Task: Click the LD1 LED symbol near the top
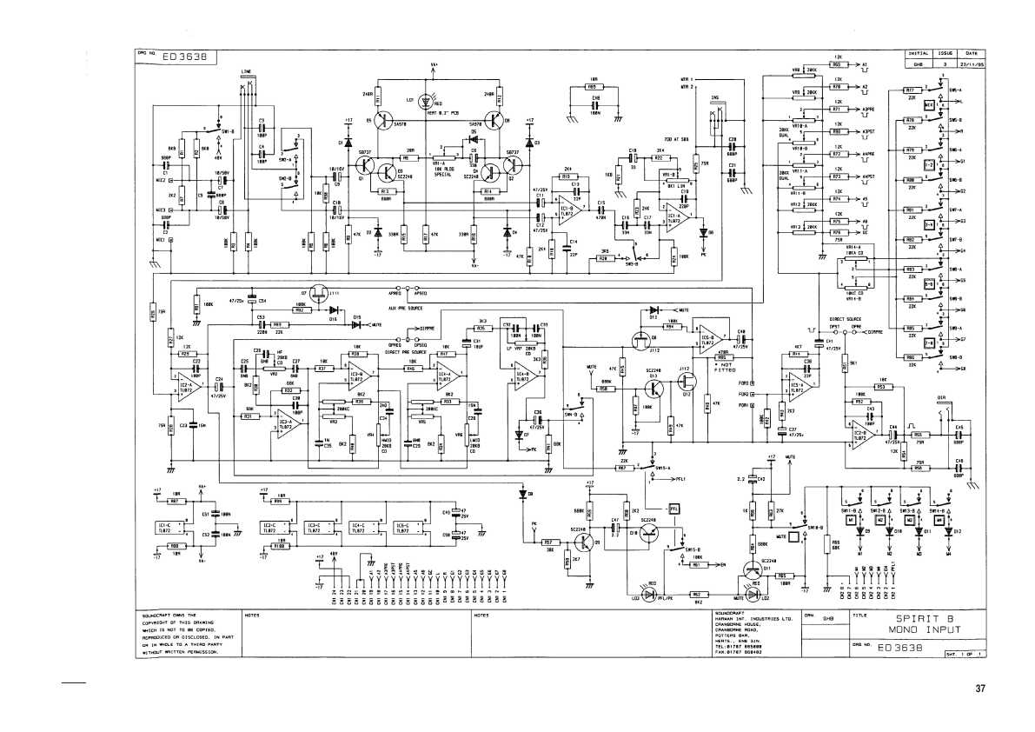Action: coord(425,101)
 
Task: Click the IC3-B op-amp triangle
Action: coord(357,376)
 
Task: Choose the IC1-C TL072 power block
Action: coord(173,528)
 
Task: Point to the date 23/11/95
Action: coord(972,63)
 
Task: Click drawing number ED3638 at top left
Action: coord(182,57)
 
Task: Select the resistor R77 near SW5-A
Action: coord(912,90)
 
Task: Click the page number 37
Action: coord(980,689)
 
